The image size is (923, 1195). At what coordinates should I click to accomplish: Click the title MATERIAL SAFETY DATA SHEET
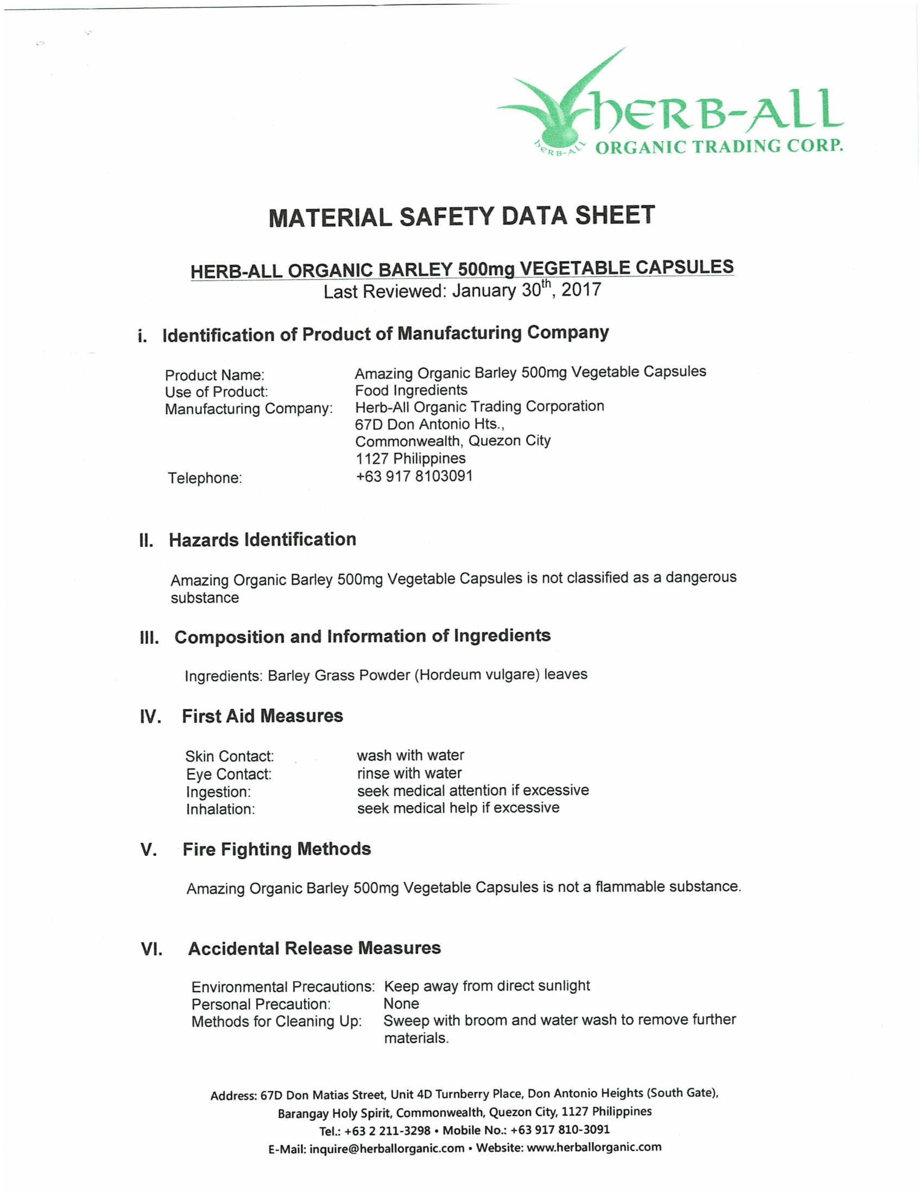click(461, 216)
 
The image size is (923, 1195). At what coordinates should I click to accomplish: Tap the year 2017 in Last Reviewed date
click(581, 290)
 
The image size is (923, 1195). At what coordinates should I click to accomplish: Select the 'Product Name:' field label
click(214, 375)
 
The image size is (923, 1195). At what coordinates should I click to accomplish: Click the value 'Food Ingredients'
click(411, 390)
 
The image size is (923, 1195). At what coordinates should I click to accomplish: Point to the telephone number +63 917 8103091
click(414, 476)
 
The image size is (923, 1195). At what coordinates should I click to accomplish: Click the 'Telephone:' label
click(205, 478)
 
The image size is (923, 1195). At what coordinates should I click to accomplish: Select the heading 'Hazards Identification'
click(262, 539)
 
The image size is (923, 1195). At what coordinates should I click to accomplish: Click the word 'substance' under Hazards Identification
click(205, 597)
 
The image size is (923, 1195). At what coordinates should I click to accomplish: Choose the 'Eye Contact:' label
click(229, 774)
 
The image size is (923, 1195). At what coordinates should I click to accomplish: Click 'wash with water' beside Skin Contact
click(410, 756)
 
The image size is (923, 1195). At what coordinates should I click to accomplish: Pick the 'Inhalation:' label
click(220, 809)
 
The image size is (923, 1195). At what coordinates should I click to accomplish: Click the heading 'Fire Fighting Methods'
click(277, 849)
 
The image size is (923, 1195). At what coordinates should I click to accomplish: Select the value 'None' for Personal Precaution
click(401, 1003)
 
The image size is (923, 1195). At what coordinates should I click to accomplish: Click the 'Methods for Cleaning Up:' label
click(276, 1021)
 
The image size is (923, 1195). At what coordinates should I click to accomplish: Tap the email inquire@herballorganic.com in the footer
click(387, 1148)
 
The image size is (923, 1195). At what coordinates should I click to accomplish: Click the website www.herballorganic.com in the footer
click(593, 1147)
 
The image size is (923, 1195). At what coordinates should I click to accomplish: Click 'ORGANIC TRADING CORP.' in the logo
click(718, 147)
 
